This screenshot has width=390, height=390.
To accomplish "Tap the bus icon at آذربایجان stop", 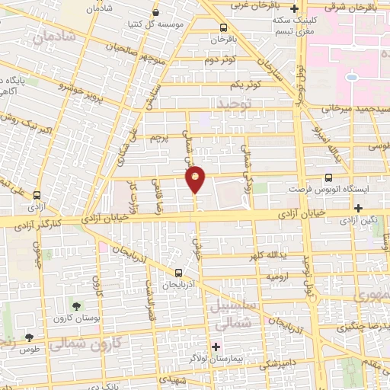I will pyautogui.click(x=178, y=273).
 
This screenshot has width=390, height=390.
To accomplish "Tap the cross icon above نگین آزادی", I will pyautogui.click(x=357, y=207).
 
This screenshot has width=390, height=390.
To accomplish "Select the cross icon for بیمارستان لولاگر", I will pyautogui.click(x=216, y=347).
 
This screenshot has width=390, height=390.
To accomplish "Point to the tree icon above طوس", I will pyautogui.click(x=29, y=337).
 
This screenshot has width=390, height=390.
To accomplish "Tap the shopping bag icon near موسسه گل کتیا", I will pyautogui.click(x=156, y=13).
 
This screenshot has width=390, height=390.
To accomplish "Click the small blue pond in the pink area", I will pyautogui.click(x=351, y=78).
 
